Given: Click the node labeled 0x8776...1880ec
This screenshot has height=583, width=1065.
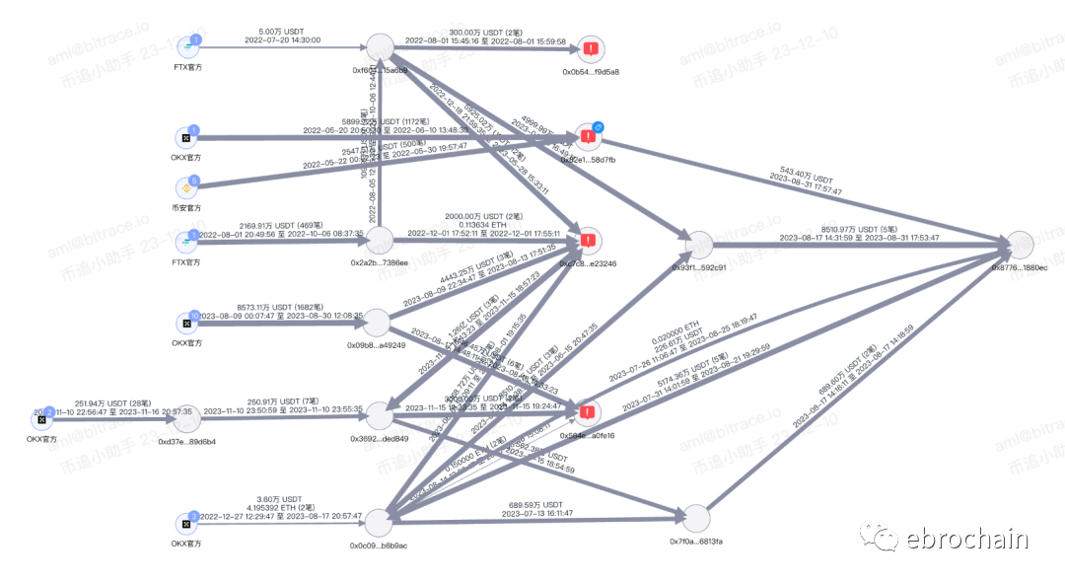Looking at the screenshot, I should [x=1020, y=245].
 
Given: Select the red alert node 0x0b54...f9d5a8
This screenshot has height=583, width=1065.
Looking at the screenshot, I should [x=591, y=48].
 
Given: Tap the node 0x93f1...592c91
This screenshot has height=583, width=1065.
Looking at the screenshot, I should [x=698, y=246].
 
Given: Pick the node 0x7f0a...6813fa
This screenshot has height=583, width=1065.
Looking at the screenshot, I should [x=696, y=519].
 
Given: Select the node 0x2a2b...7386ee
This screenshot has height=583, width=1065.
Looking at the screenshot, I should [x=379, y=241].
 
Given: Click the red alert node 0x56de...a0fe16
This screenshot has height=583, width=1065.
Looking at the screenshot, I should [x=589, y=413].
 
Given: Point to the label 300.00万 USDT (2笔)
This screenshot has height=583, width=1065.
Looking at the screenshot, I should [x=486, y=31].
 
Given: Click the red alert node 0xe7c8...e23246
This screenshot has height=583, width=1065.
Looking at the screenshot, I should [x=589, y=240].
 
